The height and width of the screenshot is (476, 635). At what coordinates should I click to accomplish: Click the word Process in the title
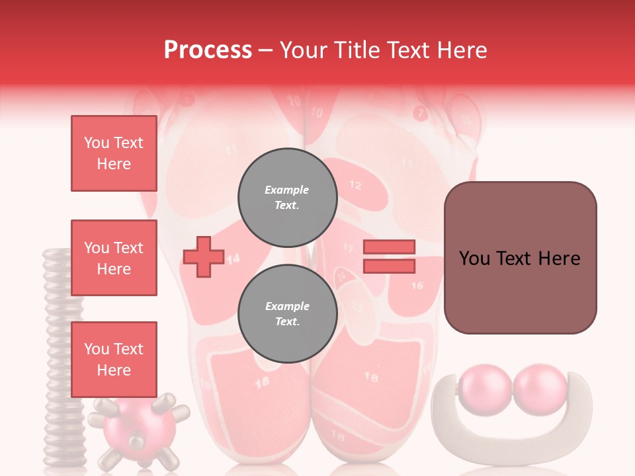[208, 50]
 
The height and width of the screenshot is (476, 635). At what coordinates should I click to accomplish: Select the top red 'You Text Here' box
[114, 153]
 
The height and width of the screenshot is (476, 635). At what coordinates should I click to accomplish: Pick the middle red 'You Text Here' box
[114, 258]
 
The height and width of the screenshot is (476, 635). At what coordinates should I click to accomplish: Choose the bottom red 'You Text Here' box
[114, 359]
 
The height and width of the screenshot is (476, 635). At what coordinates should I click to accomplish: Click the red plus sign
[203, 256]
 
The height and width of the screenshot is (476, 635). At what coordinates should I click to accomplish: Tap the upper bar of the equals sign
[389, 247]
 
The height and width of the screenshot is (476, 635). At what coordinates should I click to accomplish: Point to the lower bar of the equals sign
[389, 266]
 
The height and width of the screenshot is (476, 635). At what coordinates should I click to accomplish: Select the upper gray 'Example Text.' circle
[287, 197]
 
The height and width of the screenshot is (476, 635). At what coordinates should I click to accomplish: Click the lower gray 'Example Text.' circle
[287, 313]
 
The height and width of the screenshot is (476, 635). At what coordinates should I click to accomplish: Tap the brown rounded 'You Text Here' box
[520, 258]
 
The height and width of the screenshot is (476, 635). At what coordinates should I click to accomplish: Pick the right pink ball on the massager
[541, 390]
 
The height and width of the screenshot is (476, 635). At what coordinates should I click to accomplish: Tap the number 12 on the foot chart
[355, 185]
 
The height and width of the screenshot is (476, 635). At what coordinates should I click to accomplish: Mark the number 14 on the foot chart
[233, 258]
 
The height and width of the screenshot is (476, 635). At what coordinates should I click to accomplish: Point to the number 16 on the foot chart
[417, 286]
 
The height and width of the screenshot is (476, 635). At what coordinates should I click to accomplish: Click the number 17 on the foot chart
[348, 249]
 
